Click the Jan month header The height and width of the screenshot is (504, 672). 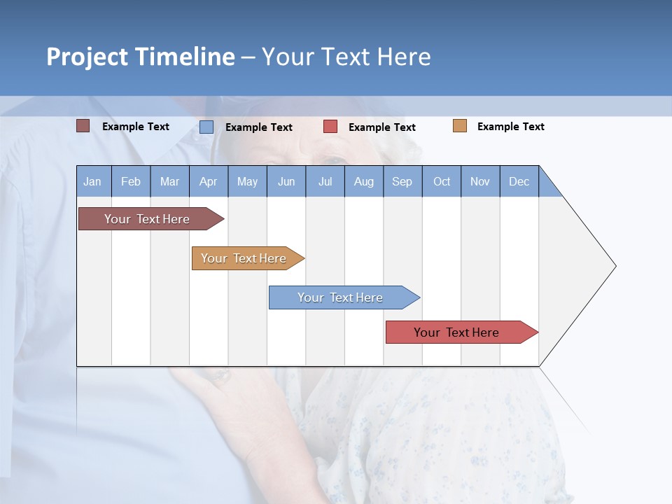[x=93, y=181]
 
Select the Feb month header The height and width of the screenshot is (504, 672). [x=131, y=181]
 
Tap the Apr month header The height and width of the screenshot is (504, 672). [x=209, y=181]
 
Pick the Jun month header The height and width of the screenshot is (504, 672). [x=286, y=181]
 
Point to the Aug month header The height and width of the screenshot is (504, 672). [x=364, y=181]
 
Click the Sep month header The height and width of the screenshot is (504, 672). [x=402, y=181]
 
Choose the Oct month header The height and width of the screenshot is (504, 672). [x=442, y=181]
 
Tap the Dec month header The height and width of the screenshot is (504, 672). [x=519, y=181]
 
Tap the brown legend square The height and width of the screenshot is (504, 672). [x=83, y=126]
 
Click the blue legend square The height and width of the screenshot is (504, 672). [x=206, y=127]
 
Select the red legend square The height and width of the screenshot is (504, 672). [x=330, y=127]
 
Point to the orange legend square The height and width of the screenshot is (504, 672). [x=459, y=126]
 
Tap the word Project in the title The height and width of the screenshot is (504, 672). [x=87, y=57]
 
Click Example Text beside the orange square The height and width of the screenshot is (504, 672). [x=510, y=127]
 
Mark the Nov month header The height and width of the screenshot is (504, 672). [x=480, y=181]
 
